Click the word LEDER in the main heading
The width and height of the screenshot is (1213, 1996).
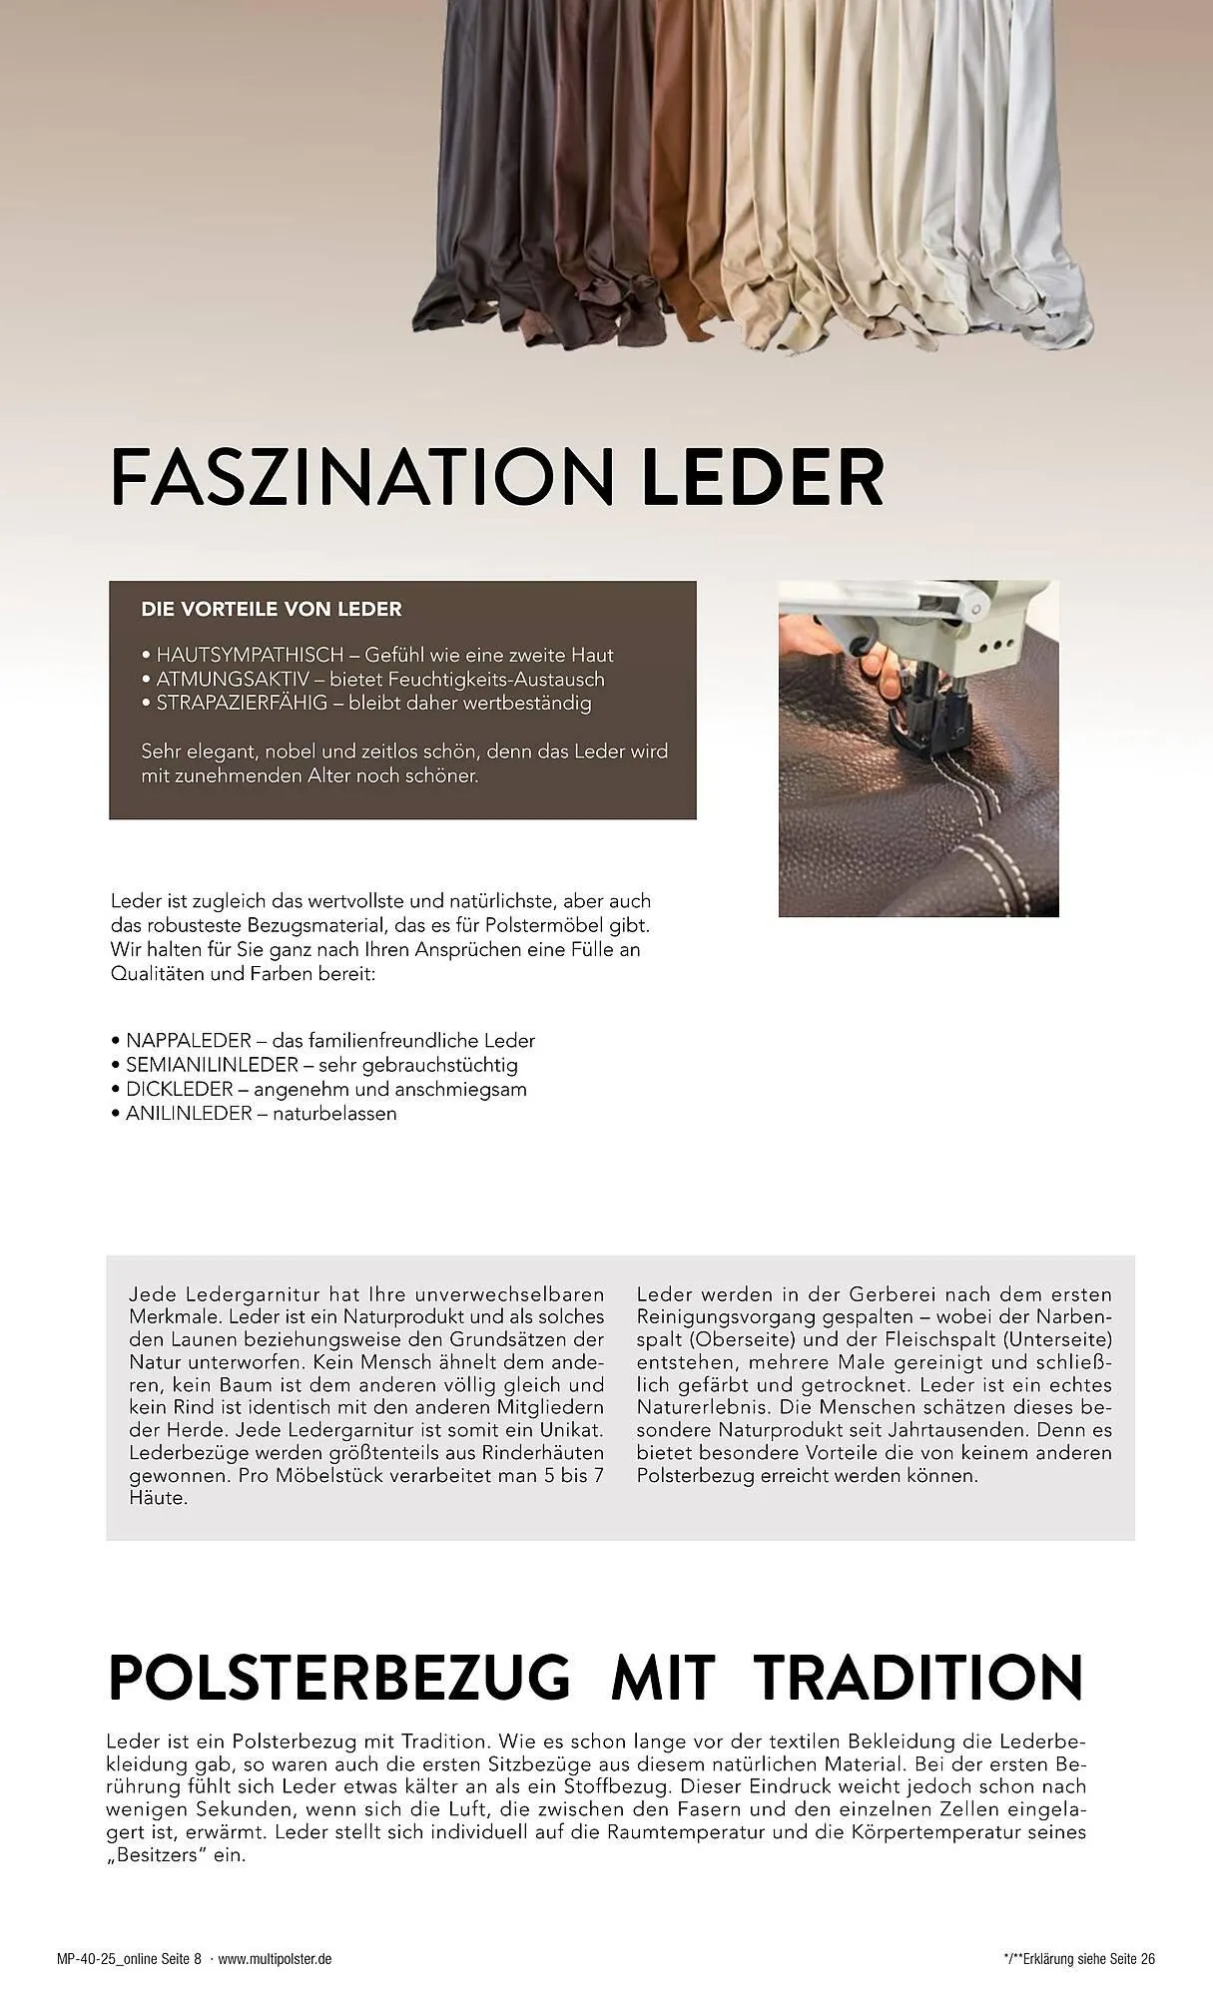coord(763,479)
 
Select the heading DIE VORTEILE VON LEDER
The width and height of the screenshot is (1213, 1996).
coord(272,609)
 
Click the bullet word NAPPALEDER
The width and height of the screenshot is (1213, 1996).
coord(185,1041)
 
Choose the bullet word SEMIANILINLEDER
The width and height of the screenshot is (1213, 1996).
coord(212,1065)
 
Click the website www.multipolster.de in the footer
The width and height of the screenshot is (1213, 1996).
coord(275,1959)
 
